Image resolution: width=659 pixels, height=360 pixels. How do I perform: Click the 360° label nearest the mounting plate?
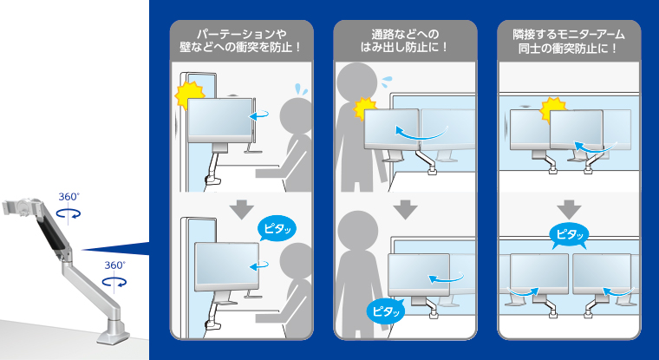tap(68, 197)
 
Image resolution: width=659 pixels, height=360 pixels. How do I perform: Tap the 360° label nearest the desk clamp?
tap(114, 265)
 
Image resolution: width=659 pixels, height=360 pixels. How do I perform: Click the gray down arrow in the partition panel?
tap(243, 210)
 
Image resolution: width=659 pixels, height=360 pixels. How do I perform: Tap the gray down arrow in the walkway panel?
tap(405, 210)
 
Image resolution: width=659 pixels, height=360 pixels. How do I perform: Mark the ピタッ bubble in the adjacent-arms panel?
tap(569, 234)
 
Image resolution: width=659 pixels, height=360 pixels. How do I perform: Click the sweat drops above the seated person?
tap(300, 89)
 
